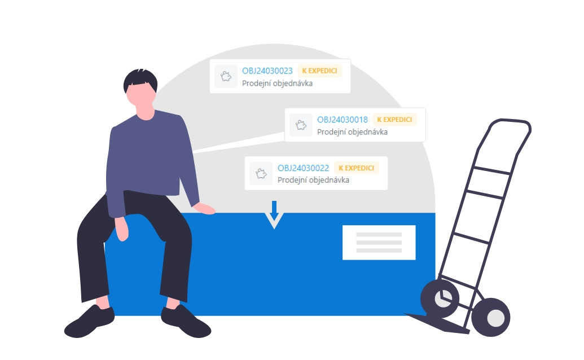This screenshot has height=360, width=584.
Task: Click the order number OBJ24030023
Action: point(267,71)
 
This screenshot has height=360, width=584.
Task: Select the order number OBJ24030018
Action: point(343,120)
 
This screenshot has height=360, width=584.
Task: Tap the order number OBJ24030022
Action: point(303,168)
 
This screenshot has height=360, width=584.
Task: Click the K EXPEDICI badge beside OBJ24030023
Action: point(319,71)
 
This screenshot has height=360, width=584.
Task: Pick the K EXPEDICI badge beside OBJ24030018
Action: point(394,120)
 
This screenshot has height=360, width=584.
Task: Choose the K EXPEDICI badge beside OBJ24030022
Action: point(357,168)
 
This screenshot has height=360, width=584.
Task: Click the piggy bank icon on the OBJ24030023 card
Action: point(226,76)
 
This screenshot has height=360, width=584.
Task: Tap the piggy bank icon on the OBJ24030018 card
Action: point(301,125)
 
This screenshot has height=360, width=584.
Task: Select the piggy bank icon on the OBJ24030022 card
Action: point(261,173)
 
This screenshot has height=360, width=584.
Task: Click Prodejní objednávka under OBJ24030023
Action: point(277,84)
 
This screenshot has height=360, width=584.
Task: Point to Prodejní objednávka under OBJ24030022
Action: point(313,180)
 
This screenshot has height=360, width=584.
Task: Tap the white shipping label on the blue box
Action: point(379,243)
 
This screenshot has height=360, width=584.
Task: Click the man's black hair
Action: point(140,79)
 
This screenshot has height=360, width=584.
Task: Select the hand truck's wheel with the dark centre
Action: point(440,298)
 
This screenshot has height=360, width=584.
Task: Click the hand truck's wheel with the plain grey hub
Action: point(490,317)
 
